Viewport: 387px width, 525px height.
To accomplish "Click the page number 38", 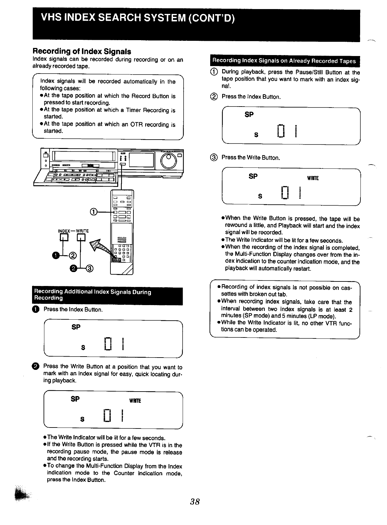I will pyautogui.click(x=195, y=502).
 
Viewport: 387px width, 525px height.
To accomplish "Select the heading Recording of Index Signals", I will pyautogui.click(x=82, y=51).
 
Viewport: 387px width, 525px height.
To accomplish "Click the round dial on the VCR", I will pyautogui.click(x=168, y=161).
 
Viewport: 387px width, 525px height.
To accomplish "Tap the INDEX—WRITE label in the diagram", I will pyautogui.click(x=73, y=231).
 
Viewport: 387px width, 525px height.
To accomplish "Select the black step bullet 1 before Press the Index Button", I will pyautogui.click(x=36, y=309).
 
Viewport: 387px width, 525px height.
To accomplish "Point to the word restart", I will pyautogui.click(x=302, y=268).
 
